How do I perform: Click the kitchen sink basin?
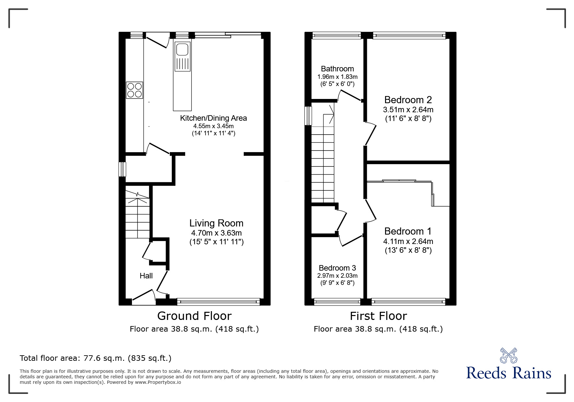pyautogui.click(x=182, y=49)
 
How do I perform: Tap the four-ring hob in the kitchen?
pyautogui.click(x=135, y=90)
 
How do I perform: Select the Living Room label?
pyautogui.click(x=216, y=223)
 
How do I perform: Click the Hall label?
pyautogui.click(x=146, y=276)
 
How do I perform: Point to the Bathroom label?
pyautogui.click(x=337, y=69)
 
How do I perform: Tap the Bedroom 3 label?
pyautogui.click(x=337, y=268)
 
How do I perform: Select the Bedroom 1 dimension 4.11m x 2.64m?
pyautogui.click(x=408, y=241)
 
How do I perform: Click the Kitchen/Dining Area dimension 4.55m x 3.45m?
pyautogui.click(x=213, y=126)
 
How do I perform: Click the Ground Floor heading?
pyautogui.click(x=194, y=316)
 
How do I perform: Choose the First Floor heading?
pyautogui.click(x=378, y=316)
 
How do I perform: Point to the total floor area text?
pyautogui.click(x=96, y=358)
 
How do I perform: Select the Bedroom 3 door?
pyautogui.click(x=351, y=240)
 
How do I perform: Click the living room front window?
pyautogui.click(x=218, y=302)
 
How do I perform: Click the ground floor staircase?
pyautogui.click(x=137, y=214)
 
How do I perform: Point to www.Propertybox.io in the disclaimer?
pyautogui.click(x=158, y=382)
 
